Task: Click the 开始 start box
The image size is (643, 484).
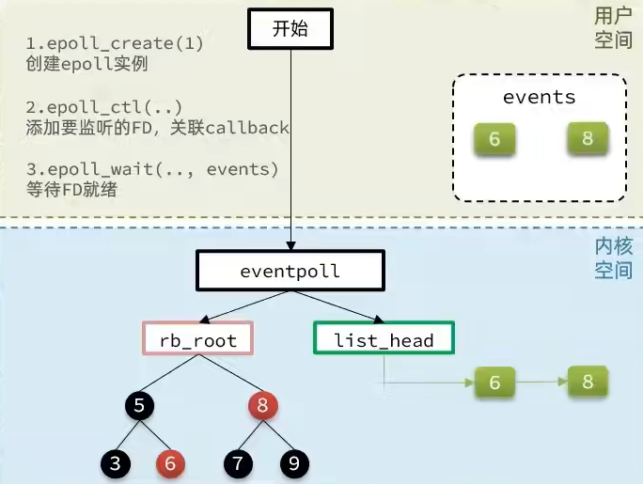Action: point(290,29)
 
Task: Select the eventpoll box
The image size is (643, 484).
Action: point(290,271)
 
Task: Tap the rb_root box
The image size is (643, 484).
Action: point(198,338)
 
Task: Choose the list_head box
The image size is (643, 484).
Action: point(384,338)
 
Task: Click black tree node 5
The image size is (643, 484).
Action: point(139,406)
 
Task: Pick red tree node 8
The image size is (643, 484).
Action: point(263,406)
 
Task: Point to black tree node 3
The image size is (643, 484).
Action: point(116,463)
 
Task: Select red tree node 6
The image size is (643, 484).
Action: point(170,463)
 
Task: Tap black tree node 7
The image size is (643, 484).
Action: point(238,463)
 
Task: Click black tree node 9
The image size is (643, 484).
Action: point(294,463)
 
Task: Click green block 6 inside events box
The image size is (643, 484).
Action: point(494,139)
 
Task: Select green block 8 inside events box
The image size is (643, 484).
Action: point(588,138)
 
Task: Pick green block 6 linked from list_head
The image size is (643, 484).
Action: point(494,383)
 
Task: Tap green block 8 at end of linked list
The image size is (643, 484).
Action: point(588,382)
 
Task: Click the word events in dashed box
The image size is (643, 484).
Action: point(540,98)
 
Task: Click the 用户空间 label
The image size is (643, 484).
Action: point(613,28)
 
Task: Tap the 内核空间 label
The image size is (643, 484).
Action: point(613,258)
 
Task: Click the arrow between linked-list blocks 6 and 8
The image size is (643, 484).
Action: point(541,382)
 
